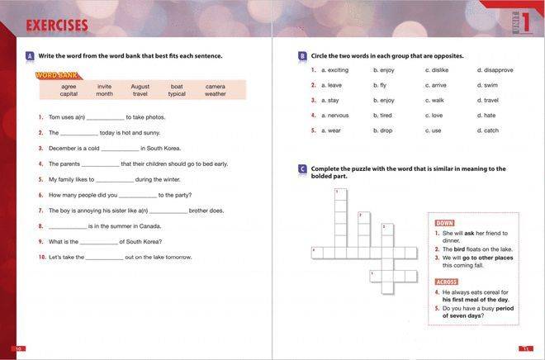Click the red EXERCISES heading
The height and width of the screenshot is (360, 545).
56,26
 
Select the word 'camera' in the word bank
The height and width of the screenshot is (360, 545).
215,86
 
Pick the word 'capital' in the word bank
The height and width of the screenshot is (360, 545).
69,94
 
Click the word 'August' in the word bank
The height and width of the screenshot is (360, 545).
140,86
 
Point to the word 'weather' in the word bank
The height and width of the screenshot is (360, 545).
215,94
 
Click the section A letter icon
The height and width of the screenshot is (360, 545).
30,56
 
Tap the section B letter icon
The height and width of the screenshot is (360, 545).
302,56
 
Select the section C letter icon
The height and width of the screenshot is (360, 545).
302,169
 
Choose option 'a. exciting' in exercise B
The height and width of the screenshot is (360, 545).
334,70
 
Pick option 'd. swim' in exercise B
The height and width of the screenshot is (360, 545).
487,85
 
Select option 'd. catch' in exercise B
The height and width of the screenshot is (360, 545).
488,130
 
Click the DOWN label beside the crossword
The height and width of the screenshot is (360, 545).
445,223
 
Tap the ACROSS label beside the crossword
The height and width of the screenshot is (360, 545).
447,282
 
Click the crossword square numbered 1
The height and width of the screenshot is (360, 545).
339,194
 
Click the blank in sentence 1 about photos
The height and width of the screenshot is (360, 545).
106,117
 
